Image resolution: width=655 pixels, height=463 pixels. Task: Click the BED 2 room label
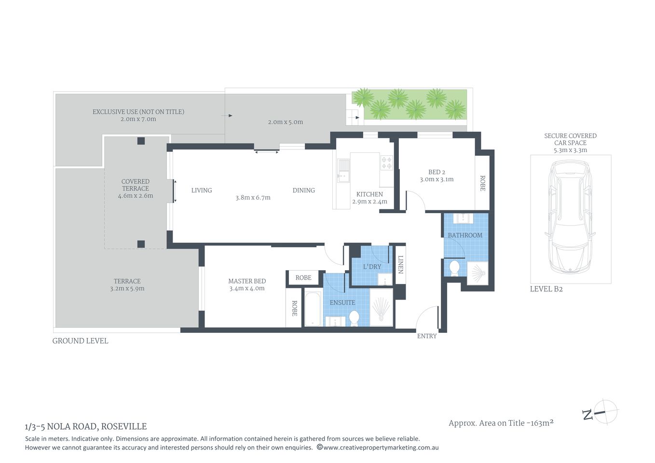[437, 172]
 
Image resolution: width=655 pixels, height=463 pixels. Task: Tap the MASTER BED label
[247, 281]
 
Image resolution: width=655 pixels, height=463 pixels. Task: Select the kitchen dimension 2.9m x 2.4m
[369, 202]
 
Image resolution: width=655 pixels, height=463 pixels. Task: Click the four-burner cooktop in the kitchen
[387, 163]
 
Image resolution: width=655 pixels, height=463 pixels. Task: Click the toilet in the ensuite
[354, 318]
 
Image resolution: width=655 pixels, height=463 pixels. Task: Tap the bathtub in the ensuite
[313, 309]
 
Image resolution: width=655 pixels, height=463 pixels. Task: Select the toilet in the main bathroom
[454, 268]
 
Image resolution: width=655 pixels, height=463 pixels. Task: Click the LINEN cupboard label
[400, 264]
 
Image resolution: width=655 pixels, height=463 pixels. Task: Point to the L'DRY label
[372, 267]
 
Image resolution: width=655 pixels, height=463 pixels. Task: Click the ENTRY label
[427, 336]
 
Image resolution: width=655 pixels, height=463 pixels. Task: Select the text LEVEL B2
[546, 289]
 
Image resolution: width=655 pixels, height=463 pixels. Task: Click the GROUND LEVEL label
[80, 341]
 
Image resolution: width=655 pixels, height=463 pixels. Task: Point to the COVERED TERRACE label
[136, 185]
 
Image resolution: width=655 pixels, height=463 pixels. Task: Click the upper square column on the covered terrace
[141, 141]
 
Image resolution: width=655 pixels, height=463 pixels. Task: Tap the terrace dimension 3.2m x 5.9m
[127, 289]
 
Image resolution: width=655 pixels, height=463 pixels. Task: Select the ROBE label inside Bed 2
[482, 183]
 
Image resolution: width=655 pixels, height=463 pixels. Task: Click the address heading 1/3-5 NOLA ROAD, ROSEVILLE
[86, 426]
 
